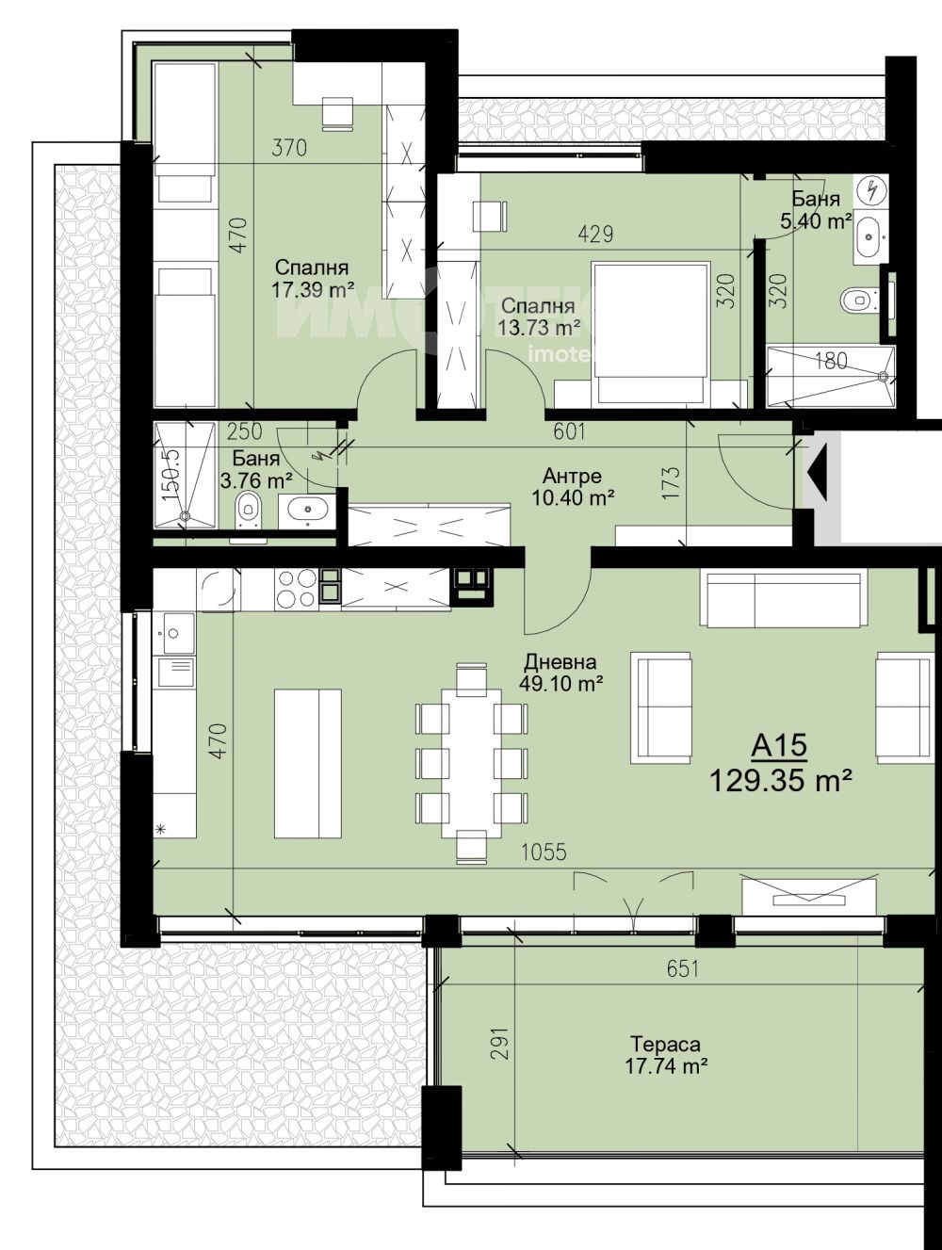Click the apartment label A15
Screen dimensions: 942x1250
point(779,747)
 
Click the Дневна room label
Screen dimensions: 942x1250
point(560,661)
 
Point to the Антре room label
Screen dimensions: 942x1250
point(572,475)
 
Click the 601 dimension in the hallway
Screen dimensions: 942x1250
point(570,431)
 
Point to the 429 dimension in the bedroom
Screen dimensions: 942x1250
point(595,234)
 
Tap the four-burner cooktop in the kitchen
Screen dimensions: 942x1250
point(296,590)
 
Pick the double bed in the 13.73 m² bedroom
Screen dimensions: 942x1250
point(651,334)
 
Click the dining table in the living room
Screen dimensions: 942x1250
point(471,763)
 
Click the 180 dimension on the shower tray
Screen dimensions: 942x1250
point(831,360)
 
